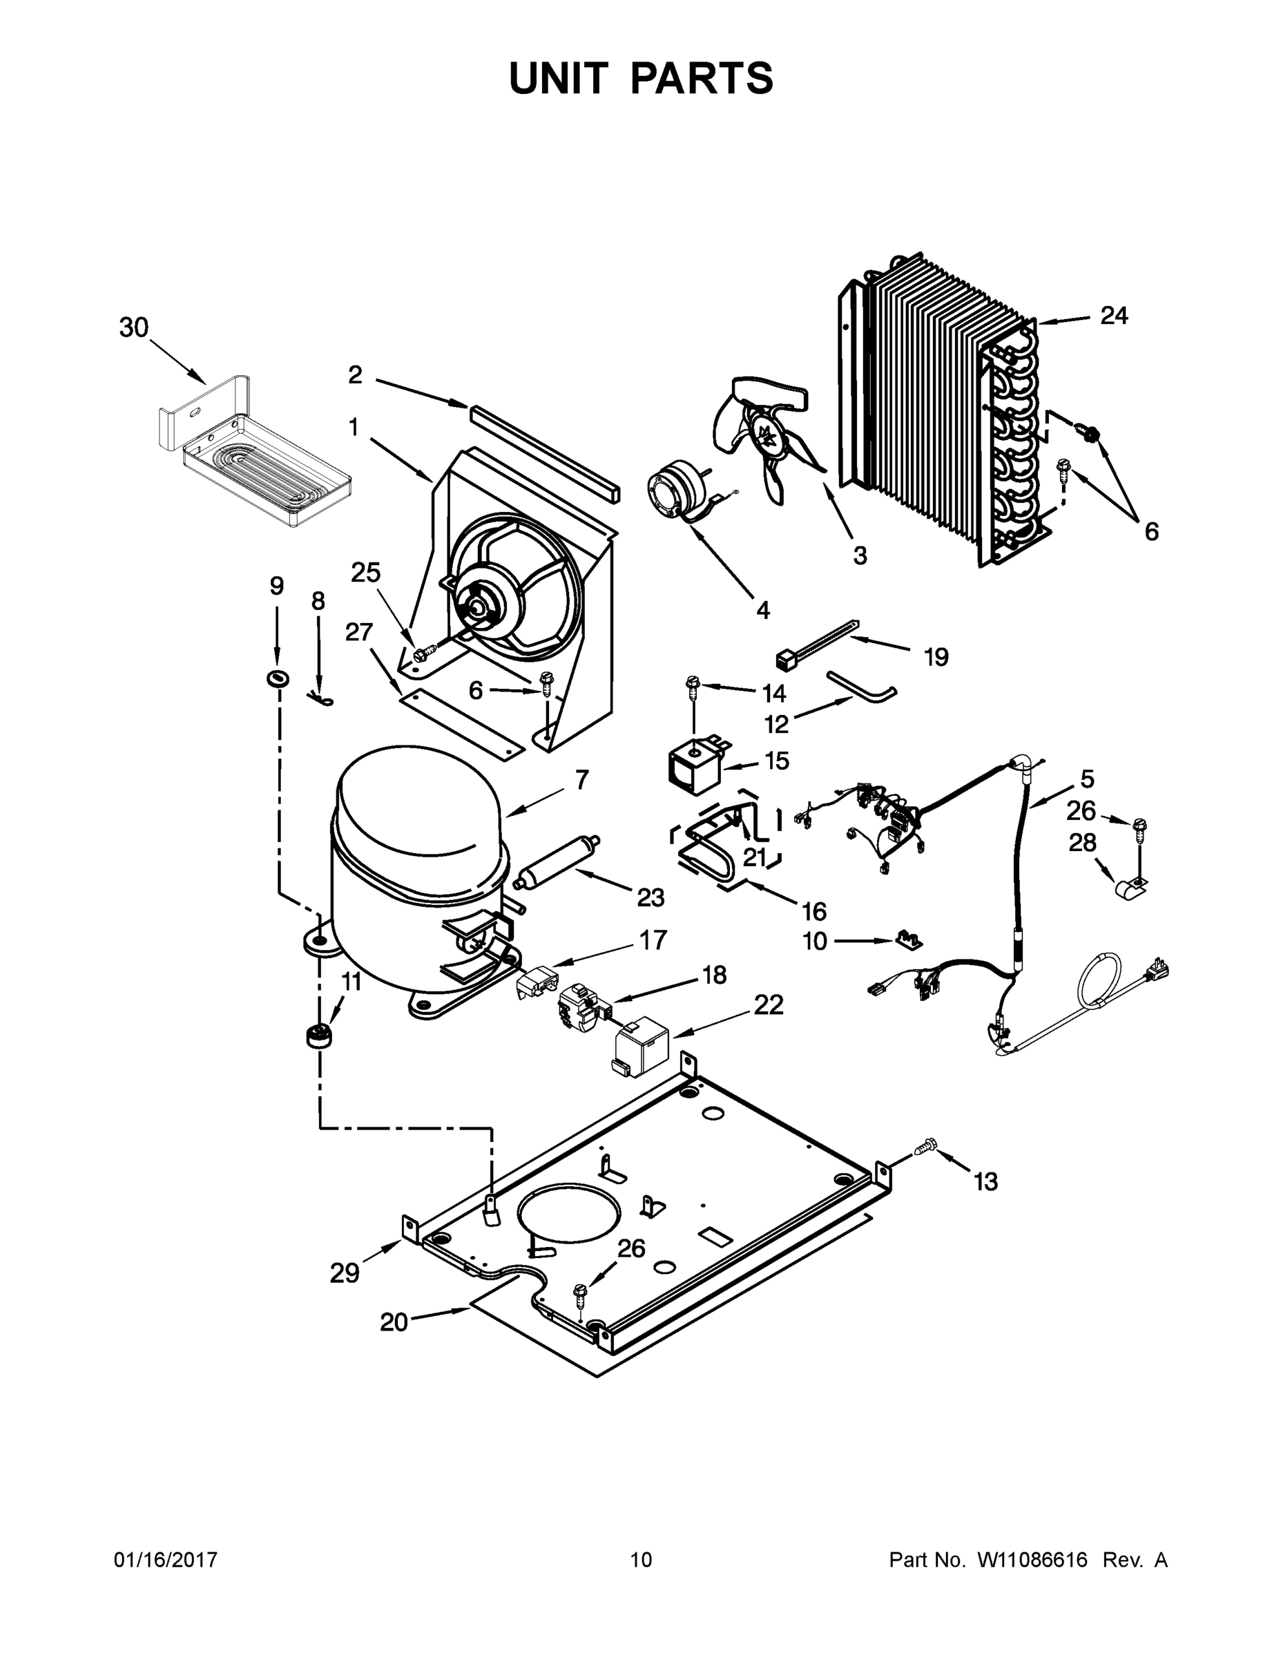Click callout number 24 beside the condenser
coord(1114,316)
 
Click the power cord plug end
coord(1158,969)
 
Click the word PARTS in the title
coord(702,78)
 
